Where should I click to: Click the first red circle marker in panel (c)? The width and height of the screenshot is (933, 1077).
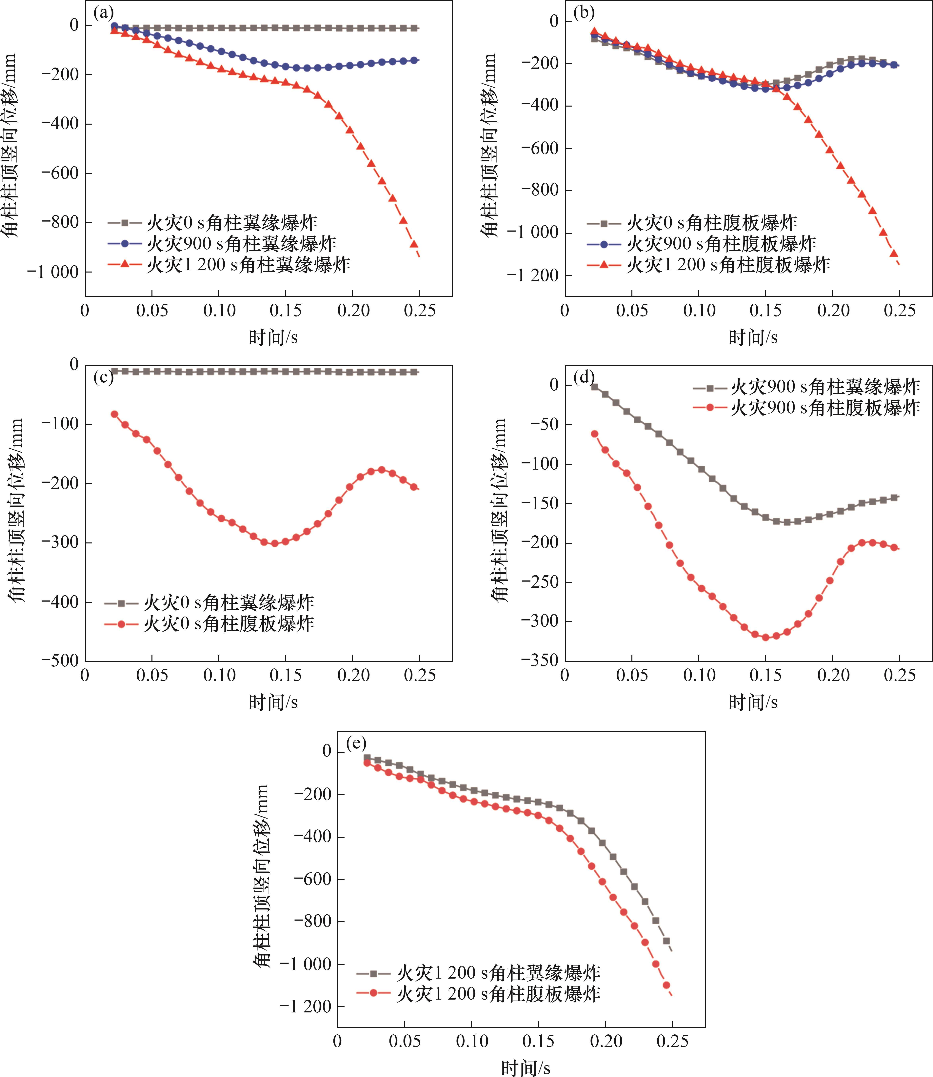(114, 414)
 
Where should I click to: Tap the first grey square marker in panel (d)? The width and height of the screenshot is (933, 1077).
(595, 386)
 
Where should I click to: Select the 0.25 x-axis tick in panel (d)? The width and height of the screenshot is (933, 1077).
(899, 676)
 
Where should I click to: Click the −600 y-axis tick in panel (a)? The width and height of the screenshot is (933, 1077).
(60, 173)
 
